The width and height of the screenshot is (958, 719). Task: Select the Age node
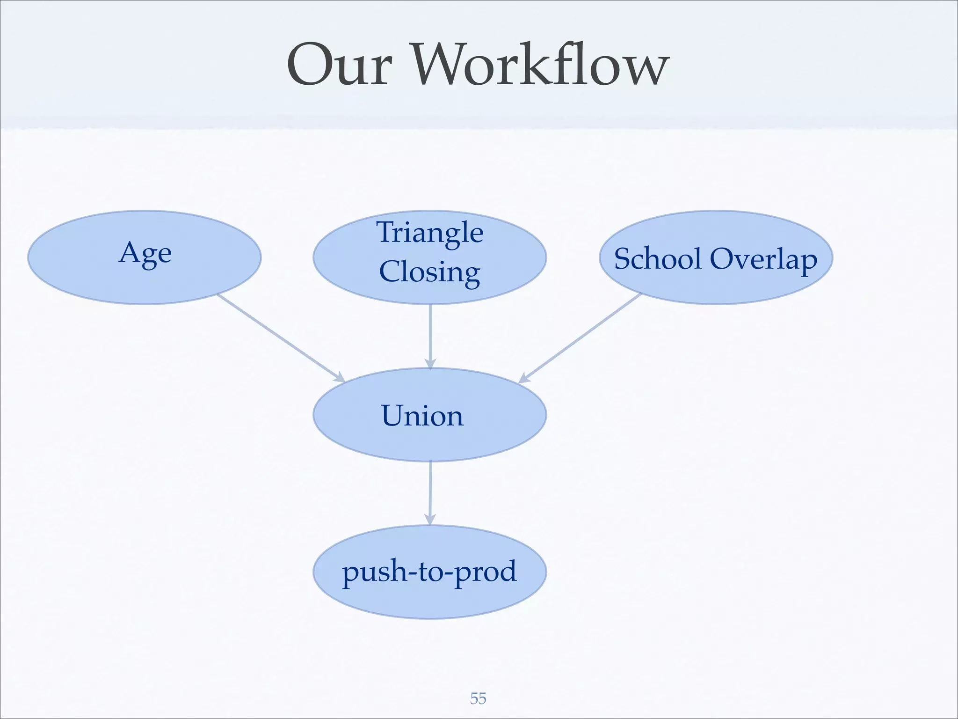145,257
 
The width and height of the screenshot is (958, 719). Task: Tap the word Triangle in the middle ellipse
429,233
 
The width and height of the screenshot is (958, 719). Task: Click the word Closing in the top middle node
429,271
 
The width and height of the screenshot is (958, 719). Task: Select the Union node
422,415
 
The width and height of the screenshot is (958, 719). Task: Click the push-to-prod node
429,572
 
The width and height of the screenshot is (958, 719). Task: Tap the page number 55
478,698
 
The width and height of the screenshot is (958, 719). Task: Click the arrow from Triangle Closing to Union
430,335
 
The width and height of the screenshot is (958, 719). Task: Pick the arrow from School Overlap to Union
580,338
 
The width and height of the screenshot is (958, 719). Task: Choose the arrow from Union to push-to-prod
430,492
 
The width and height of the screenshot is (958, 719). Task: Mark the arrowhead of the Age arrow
340,377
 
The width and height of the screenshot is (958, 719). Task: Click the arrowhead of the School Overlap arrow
524,378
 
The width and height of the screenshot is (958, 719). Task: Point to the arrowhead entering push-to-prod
430,520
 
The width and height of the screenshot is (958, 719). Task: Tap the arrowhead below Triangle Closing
430,364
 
